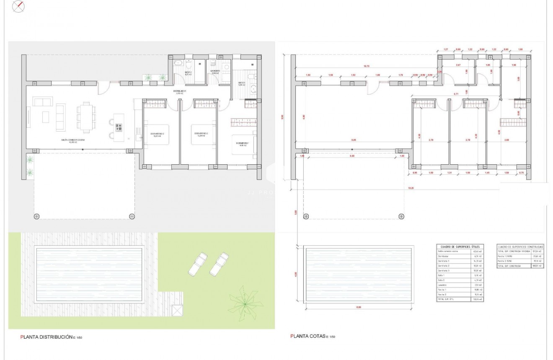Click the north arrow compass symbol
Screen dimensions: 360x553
coord(18,6)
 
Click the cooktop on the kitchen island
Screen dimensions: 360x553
coord(119,127)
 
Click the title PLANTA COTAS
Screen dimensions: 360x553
coord(307,336)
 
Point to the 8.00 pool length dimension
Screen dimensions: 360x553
coord(358,307)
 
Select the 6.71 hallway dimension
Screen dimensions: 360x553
coord(455,94)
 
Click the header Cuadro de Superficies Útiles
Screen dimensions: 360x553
coord(460,247)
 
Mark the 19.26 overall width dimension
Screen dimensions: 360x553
coord(411,188)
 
